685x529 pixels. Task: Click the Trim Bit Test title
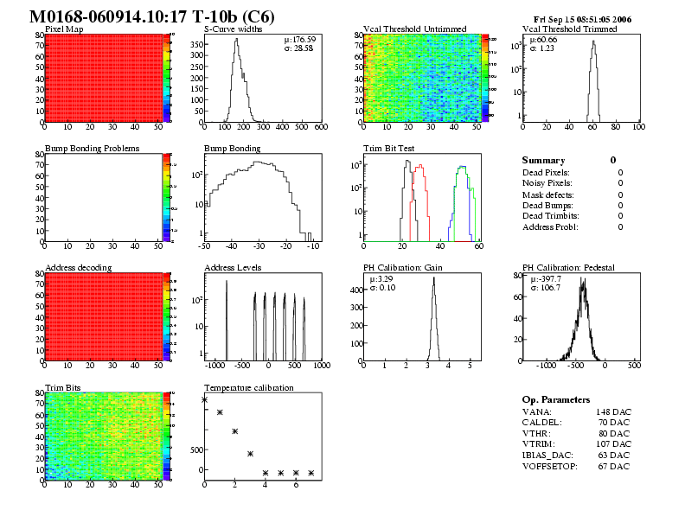[x=387, y=149]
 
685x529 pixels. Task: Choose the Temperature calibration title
[x=248, y=388]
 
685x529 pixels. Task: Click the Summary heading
[x=543, y=161]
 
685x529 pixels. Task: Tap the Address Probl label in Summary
[x=550, y=226]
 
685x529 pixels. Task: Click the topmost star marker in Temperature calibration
[x=205, y=399]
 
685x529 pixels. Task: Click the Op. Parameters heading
[x=556, y=400]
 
